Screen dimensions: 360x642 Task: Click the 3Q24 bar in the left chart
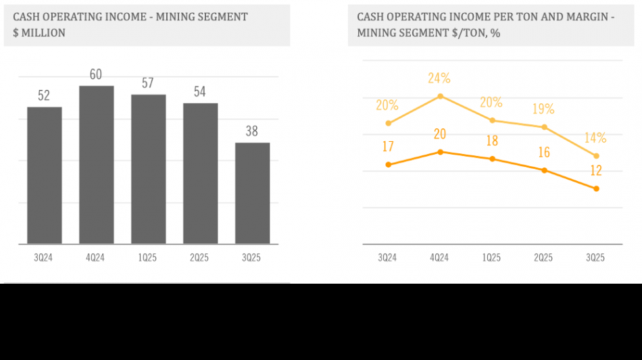tap(45, 176)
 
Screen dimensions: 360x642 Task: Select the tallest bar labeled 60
tap(96, 165)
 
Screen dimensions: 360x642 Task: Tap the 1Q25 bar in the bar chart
tap(148, 169)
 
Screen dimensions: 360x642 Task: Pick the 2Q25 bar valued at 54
tap(200, 174)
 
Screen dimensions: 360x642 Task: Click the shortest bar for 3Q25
tap(252, 193)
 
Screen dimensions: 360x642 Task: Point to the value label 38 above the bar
tap(252, 132)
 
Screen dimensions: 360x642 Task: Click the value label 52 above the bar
tap(44, 96)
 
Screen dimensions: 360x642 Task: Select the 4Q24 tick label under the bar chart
tap(96, 258)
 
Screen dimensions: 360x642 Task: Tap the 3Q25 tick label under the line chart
tap(595, 258)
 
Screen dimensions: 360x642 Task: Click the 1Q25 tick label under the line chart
tap(491, 258)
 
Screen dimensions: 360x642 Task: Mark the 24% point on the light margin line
tap(440, 96)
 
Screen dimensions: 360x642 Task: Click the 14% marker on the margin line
tap(596, 156)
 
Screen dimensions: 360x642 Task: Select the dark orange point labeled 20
tap(440, 152)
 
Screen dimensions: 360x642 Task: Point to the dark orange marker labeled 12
tap(596, 188)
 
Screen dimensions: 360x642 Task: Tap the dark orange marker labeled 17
tap(388, 164)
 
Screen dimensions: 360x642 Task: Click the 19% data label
tap(543, 109)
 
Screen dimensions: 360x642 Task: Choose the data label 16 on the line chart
tap(544, 153)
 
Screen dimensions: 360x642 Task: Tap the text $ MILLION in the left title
tap(39, 32)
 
